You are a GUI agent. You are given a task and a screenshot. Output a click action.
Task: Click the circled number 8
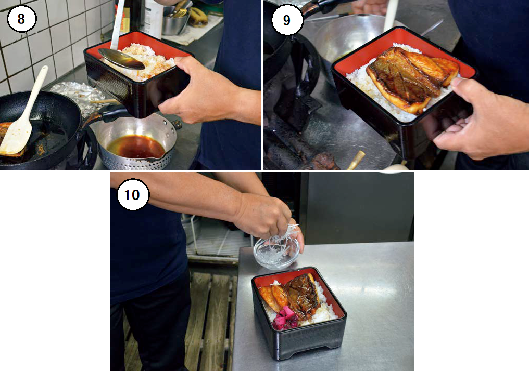[21, 19]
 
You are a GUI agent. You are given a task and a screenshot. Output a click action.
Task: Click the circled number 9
[286, 20]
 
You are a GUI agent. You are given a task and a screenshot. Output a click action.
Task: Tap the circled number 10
[133, 194]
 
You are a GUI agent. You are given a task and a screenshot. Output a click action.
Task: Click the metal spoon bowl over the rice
[121, 58]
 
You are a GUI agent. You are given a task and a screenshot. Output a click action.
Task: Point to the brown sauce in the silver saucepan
[136, 147]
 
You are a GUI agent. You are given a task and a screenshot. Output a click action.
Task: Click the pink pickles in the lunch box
[285, 318]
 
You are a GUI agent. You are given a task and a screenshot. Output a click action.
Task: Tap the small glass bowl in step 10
[276, 253]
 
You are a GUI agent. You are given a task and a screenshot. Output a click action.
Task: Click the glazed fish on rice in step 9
[412, 79]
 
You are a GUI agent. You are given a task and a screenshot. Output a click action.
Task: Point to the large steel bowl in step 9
[354, 37]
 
